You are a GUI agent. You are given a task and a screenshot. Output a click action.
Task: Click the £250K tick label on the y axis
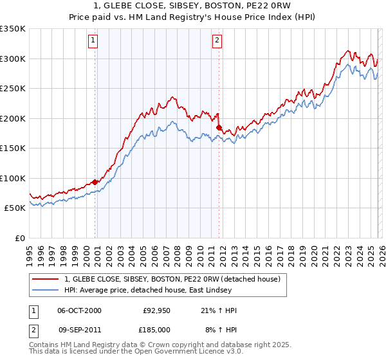[x=13, y=88]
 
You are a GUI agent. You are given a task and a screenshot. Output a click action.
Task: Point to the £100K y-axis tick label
[x=13, y=178]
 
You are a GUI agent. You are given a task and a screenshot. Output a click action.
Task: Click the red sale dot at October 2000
[x=95, y=182]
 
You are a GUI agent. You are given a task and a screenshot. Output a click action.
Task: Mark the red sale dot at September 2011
[x=219, y=127]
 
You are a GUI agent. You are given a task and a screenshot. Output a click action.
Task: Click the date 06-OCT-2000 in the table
[x=79, y=310]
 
